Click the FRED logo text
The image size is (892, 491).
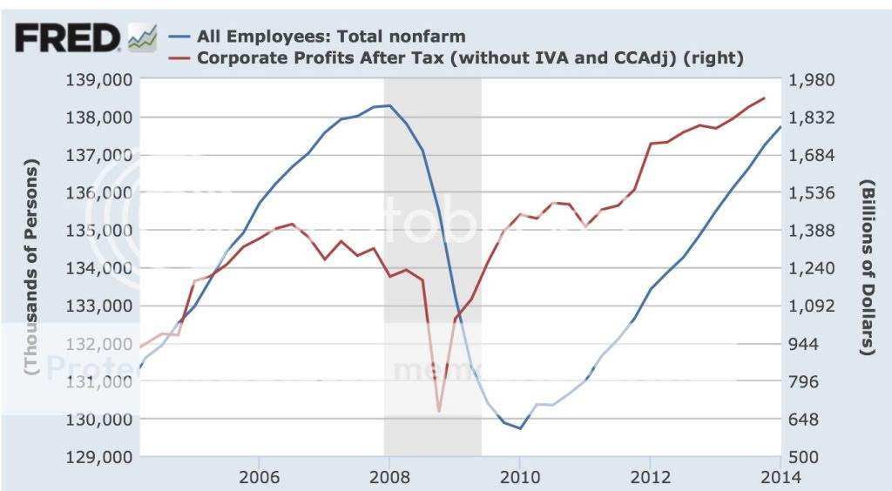tap(69, 37)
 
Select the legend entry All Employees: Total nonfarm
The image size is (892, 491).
tap(332, 37)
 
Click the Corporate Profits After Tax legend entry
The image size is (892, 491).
tap(470, 57)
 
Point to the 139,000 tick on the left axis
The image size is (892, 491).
tap(102, 80)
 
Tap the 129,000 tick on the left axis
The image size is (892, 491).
tap(102, 457)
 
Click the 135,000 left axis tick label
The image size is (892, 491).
tap(102, 231)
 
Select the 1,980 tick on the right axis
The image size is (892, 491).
tap(811, 80)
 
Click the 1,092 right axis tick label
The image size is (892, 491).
tap(811, 306)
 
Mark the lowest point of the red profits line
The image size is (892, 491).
tap(439, 410)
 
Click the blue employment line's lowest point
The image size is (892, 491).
tap(520, 428)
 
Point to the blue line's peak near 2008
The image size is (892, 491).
tap(389, 105)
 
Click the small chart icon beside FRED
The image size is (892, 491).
tap(142, 37)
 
